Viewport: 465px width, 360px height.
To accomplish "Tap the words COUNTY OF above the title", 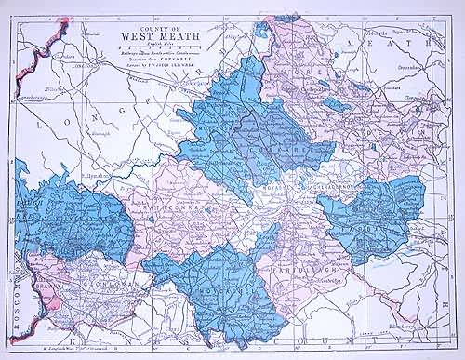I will (x=153, y=32).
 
